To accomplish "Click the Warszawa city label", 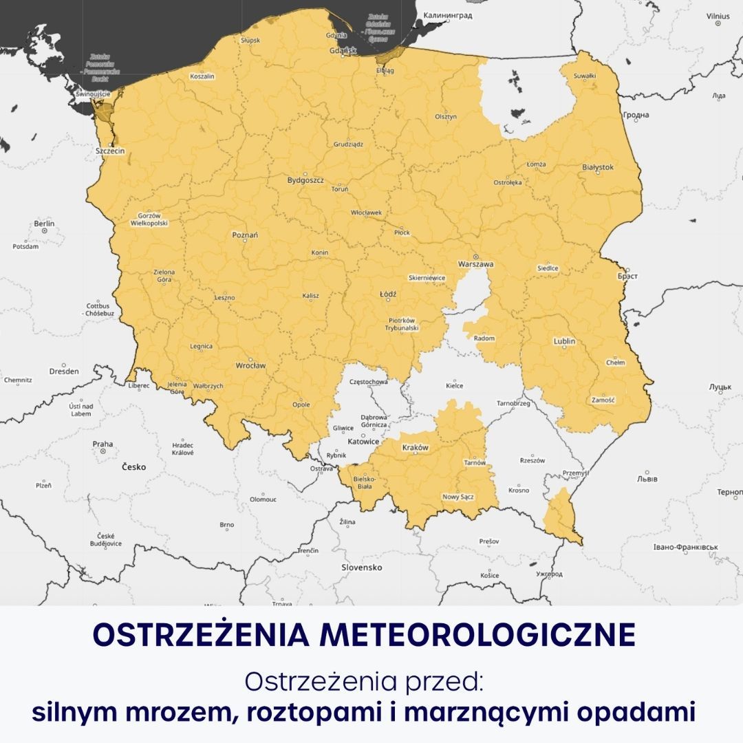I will point(477,264).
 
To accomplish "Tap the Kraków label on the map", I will point(415,447).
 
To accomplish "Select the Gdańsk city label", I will point(343,51).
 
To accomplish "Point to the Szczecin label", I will point(109,151).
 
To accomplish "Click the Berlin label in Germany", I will point(44,224).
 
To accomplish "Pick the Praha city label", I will point(103,444).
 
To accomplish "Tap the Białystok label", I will point(597,167).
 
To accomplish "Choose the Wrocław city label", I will point(250,365).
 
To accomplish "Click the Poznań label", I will point(245,235).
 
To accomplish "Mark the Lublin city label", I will point(564,341).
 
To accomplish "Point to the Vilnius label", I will point(718,15).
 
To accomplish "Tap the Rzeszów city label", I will point(532,460).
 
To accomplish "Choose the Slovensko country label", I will point(362,568).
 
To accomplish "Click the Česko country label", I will point(133,467).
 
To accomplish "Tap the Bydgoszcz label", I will point(305,180).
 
